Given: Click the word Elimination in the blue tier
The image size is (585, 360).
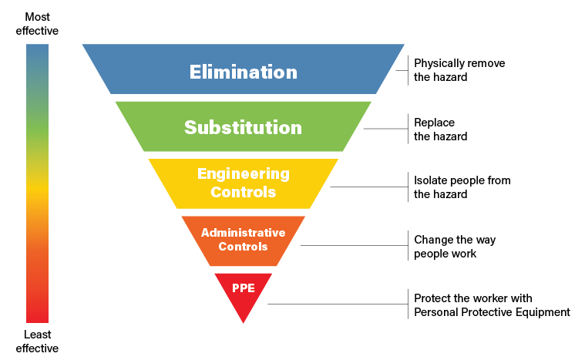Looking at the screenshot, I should (x=244, y=72).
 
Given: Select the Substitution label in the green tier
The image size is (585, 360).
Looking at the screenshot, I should (x=243, y=127).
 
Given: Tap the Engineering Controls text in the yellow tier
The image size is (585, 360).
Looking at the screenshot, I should (x=243, y=183).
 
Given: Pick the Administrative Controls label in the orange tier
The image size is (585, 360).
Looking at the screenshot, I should (x=243, y=239).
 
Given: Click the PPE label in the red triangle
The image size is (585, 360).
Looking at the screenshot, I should (x=243, y=288).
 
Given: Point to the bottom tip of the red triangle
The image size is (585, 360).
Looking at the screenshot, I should (x=243, y=322).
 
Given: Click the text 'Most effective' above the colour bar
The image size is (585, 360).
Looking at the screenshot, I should (x=37, y=24).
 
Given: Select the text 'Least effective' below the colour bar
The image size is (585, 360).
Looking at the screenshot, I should (x=37, y=341).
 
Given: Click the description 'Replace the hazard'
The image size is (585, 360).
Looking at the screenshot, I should (x=440, y=130).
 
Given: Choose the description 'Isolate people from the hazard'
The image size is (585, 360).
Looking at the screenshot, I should (x=462, y=187).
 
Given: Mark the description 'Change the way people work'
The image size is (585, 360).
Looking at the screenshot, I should (x=455, y=247).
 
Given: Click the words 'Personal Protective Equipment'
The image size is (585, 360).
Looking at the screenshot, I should (x=492, y=312).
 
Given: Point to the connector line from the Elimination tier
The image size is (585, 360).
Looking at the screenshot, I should (x=402, y=71).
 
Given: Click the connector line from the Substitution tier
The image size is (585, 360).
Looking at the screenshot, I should (x=385, y=130).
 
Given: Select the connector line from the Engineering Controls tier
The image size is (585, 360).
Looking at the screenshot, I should (x=368, y=187).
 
